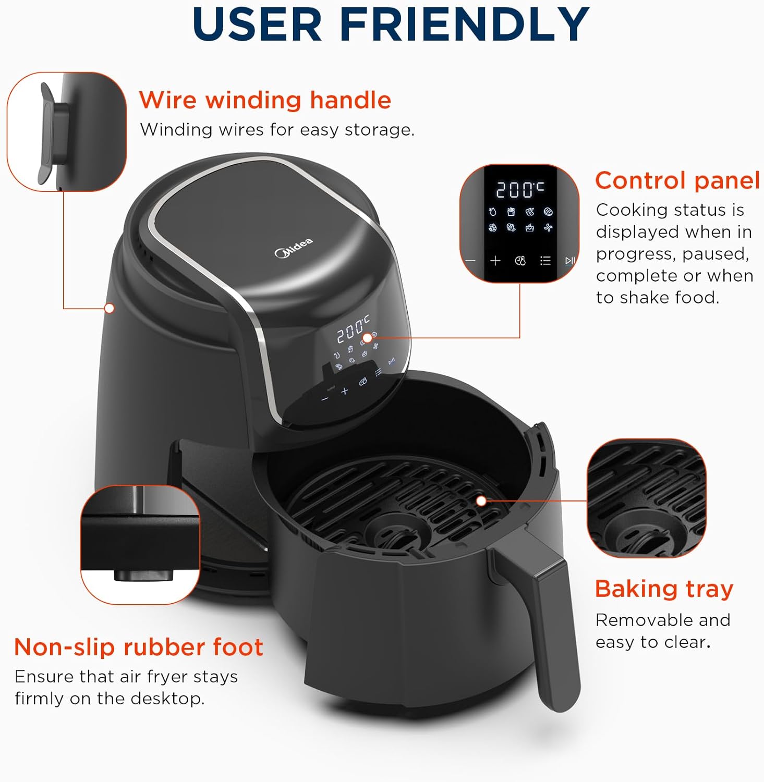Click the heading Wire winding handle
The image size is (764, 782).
[x=265, y=100]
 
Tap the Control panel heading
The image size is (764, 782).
[x=677, y=181]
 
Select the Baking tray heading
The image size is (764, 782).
[x=664, y=589]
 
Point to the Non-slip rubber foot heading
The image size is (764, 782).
[x=138, y=647]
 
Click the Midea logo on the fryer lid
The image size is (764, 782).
[x=294, y=247]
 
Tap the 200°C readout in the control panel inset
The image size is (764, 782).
[x=519, y=189]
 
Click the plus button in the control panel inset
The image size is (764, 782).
[x=495, y=261]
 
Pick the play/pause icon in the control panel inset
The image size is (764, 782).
[x=570, y=261]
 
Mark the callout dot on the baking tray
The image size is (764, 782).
[x=481, y=501]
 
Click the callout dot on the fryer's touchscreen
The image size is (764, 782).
[x=367, y=338]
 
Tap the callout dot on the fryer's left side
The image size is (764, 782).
[x=110, y=308]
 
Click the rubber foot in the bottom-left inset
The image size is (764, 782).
[x=144, y=575]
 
